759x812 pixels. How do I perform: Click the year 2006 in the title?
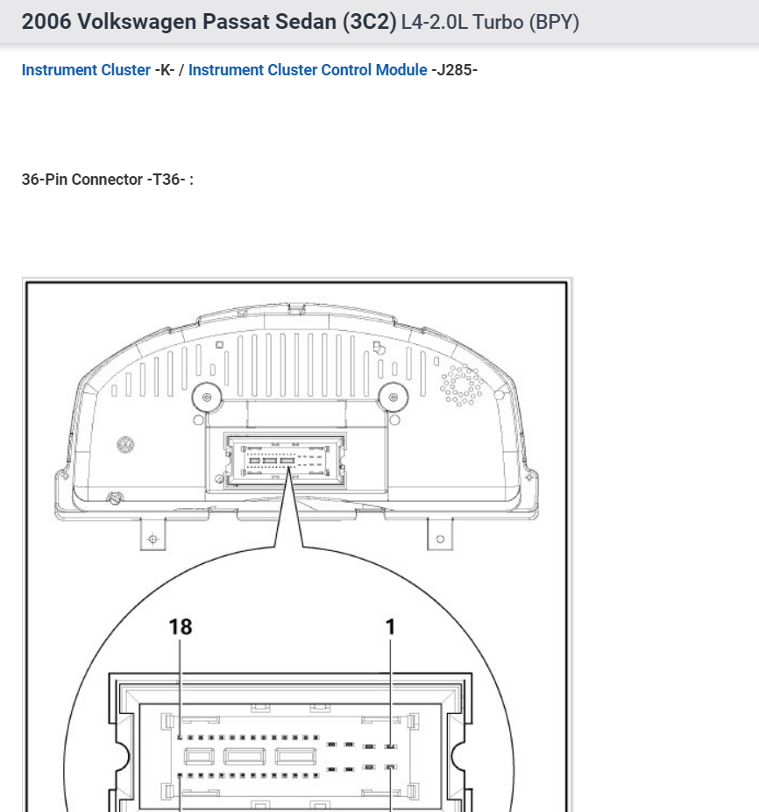(x=46, y=22)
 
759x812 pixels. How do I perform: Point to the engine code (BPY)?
(x=552, y=22)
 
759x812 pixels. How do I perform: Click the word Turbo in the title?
(x=498, y=22)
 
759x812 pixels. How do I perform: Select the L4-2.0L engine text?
(x=434, y=22)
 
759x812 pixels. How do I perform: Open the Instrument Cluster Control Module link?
(x=308, y=70)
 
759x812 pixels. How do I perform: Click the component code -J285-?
(x=454, y=70)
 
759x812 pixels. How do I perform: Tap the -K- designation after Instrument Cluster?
(x=165, y=70)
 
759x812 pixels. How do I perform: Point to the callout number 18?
(x=180, y=626)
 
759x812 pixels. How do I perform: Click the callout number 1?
(x=391, y=626)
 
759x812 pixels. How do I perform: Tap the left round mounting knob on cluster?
(x=207, y=397)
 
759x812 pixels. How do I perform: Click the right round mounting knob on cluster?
(x=394, y=397)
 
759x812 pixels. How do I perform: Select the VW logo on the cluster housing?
(x=126, y=445)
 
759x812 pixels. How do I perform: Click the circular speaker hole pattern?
(x=461, y=385)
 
